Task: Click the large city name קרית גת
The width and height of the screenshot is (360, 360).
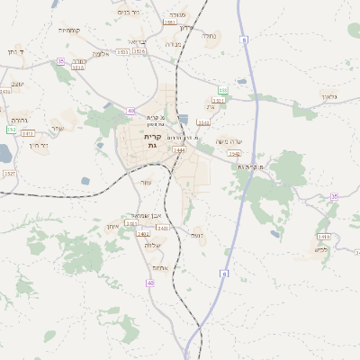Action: click(152, 140)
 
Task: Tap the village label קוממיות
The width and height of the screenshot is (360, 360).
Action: click(69, 30)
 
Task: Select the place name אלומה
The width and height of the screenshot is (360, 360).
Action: click(101, 54)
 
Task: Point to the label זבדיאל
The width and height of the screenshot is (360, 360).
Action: click(136, 41)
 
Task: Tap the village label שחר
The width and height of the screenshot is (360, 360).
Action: click(58, 128)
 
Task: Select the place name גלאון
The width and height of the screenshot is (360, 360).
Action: click(328, 95)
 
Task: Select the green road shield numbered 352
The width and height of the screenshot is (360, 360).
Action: click(11, 130)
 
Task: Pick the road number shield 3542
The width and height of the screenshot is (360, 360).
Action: click(233, 154)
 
